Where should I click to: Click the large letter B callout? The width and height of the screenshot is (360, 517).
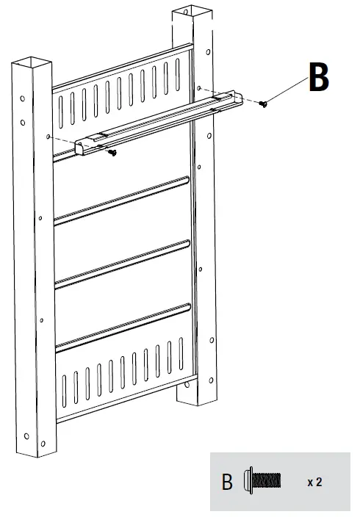tap(317, 77)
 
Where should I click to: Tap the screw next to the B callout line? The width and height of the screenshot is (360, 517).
tap(264, 104)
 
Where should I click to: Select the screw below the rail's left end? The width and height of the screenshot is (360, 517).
tap(112, 152)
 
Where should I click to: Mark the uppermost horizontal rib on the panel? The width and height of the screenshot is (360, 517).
tap(122, 198)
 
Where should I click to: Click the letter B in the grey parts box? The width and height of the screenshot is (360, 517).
tap(228, 482)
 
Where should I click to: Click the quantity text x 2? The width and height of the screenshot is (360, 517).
tap(314, 482)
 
